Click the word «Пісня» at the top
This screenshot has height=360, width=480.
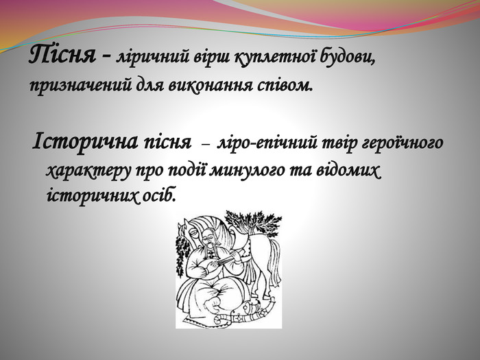point(63,55)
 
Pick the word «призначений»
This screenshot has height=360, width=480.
point(81,86)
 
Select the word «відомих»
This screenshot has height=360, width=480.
point(348,170)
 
